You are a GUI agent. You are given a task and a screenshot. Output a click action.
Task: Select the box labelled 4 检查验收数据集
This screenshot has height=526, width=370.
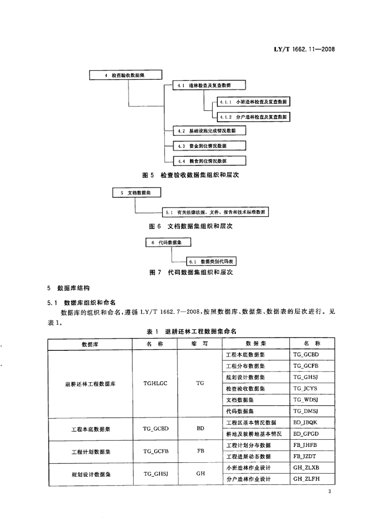pos(126,75)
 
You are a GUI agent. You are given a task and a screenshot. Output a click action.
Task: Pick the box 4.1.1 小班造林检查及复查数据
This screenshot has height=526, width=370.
pos(253,102)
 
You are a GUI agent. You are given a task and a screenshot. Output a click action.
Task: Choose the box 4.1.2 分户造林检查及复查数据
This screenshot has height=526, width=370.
pos(253,117)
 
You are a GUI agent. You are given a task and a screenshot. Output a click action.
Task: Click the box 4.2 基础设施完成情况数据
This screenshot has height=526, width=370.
pos(205,131)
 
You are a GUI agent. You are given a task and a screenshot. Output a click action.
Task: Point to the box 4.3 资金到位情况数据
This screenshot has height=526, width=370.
pos(205,146)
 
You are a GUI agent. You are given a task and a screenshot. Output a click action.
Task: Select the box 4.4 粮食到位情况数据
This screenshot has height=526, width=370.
pos(205,161)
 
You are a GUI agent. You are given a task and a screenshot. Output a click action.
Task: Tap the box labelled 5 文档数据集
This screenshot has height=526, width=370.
pos(137,193)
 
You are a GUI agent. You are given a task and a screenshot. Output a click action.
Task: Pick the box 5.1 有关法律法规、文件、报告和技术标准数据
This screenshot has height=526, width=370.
pos(216,212)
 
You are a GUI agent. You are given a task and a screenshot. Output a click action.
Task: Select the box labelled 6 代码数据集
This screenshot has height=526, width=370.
pos(168,242)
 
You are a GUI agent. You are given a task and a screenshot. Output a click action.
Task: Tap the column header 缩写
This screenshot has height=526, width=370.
pos(200,344)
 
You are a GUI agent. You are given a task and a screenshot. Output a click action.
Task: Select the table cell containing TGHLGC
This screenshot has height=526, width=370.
pos(155,383)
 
